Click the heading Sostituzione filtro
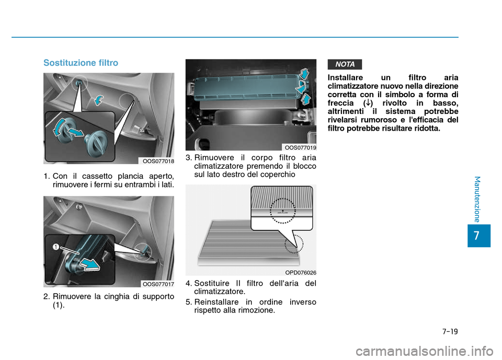click(x=81, y=63)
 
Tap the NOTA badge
click(x=345, y=64)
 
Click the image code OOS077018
click(x=158, y=161)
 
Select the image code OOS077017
click(x=158, y=284)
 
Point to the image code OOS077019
click(x=301, y=148)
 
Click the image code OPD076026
click(x=301, y=272)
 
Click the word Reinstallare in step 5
click(x=215, y=301)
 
